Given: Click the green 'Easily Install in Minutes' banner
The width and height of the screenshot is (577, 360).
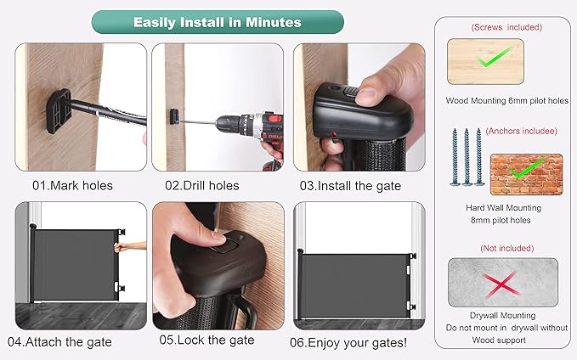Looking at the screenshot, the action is (x=218, y=22).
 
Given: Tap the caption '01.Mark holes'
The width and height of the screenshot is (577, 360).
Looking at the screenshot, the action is (x=72, y=185).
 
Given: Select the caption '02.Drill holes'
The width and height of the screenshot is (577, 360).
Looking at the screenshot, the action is (x=202, y=185).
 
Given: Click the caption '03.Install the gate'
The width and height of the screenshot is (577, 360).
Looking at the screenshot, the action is (x=350, y=186).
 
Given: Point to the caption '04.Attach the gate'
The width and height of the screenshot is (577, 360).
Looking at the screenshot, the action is (x=59, y=342).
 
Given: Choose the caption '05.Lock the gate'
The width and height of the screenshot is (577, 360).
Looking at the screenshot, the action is (x=206, y=340).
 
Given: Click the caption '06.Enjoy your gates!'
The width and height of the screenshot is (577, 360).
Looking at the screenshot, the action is (x=348, y=343).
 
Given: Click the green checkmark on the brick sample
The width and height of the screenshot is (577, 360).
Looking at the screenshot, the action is (x=526, y=168).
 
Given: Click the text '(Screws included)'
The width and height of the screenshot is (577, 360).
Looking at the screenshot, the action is (x=506, y=27).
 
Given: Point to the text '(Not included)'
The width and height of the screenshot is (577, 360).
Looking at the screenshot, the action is (x=507, y=248).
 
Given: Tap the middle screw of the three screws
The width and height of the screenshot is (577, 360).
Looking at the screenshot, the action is (x=467, y=156).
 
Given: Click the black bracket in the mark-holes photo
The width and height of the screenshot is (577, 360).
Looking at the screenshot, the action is (x=59, y=111).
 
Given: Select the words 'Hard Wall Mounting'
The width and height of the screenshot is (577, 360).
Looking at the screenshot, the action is (x=503, y=208).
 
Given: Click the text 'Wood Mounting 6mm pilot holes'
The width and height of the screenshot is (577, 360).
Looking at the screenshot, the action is (x=506, y=100).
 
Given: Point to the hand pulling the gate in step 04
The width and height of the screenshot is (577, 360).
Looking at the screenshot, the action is (x=129, y=246).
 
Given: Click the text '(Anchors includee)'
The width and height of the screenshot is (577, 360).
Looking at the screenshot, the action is (x=522, y=131).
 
